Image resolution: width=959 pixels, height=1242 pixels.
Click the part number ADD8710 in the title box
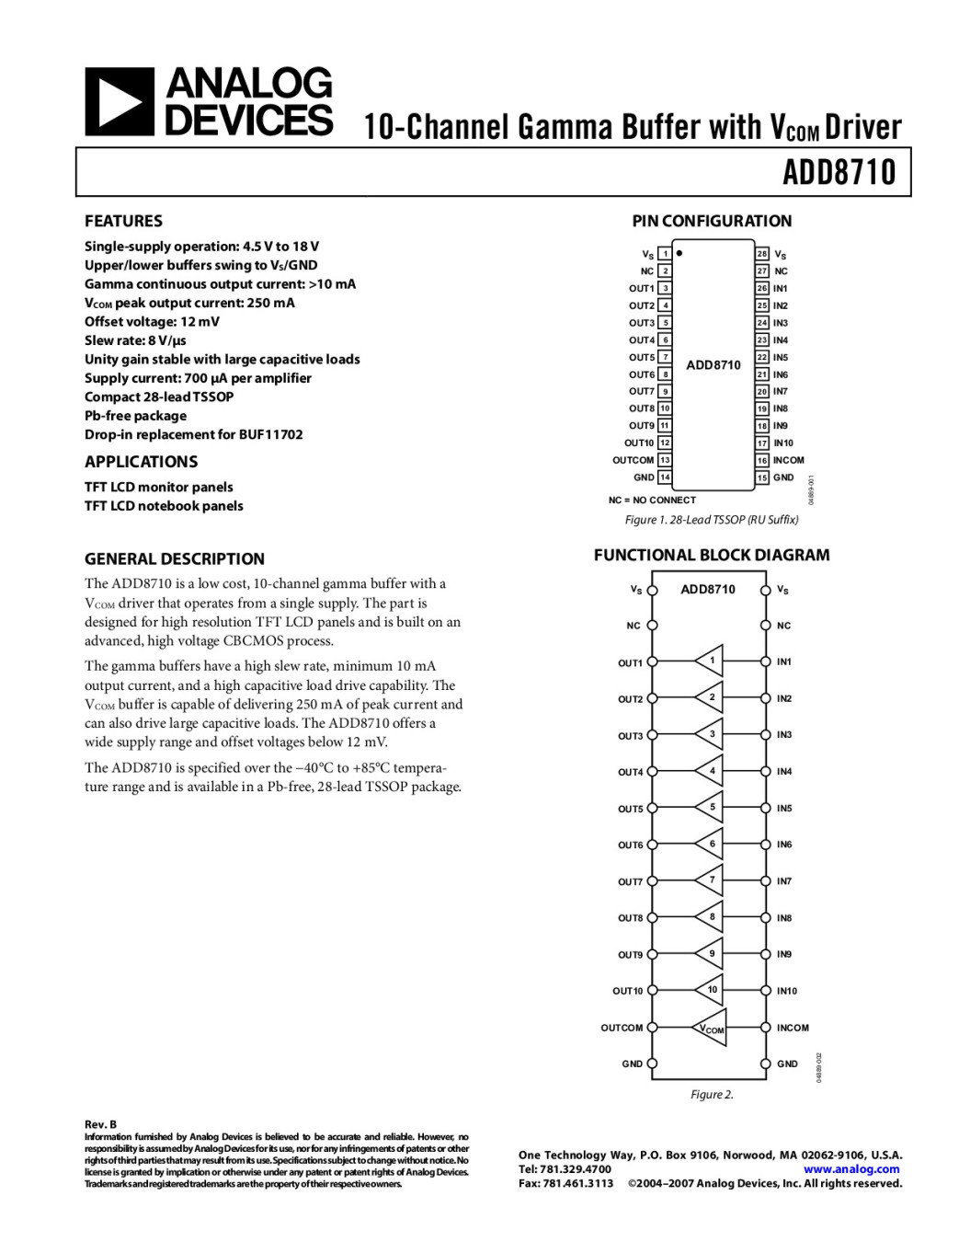(x=839, y=172)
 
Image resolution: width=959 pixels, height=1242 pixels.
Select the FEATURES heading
(x=123, y=221)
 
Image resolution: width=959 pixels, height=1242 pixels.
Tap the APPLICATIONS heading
(x=141, y=462)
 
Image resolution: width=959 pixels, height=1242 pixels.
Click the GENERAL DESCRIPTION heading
(x=174, y=558)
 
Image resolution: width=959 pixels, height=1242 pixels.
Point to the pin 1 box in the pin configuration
(x=665, y=254)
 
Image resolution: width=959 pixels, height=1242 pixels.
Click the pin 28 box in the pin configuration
(x=762, y=254)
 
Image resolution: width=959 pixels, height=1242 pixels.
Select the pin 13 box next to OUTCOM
(x=665, y=460)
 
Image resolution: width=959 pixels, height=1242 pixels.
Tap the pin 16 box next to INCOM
(x=762, y=460)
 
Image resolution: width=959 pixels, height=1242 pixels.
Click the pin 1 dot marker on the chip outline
(x=679, y=252)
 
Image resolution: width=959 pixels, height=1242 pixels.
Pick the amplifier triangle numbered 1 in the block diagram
(x=710, y=661)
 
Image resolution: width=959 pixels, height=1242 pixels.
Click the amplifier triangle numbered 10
(x=711, y=990)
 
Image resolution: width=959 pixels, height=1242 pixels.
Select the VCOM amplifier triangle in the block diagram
(x=711, y=1028)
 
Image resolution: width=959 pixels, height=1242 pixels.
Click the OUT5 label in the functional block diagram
(x=631, y=809)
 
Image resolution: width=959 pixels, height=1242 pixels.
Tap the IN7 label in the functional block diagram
(x=784, y=881)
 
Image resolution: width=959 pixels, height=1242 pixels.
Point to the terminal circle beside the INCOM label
(x=765, y=1028)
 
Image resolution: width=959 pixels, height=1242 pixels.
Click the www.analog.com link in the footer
(x=851, y=1169)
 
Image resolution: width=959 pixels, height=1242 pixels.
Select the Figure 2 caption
(x=712, y=1095)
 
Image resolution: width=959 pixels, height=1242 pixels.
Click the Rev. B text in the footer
(x=100, y=1124)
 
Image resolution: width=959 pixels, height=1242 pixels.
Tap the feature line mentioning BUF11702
(x=193, y=434)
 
